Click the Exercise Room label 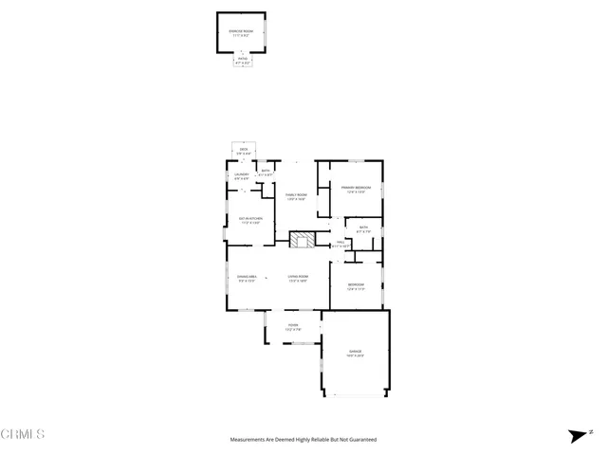coord(242,32)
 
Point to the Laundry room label coord(242,175)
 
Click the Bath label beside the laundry coord(267,173)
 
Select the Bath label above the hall coord(364,228)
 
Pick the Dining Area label coord(247,278)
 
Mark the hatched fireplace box coord(302,239)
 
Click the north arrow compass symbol coord(577,436)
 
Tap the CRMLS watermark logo coord(23,435)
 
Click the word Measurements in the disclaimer coord(249,440)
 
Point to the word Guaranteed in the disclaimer coord(359,440)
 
